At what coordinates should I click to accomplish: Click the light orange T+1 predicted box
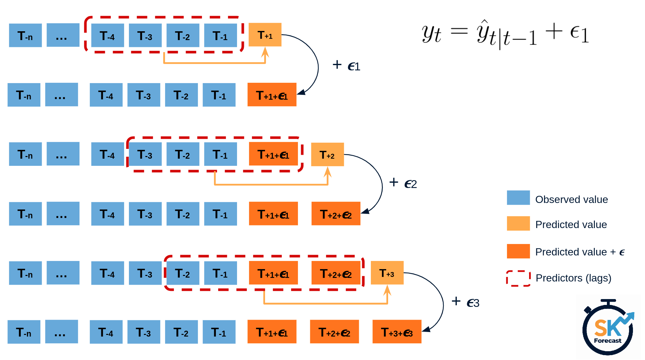pyautogui.click(x=265, y=35)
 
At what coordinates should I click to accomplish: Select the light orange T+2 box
pyautogui.click(x=327, y=154)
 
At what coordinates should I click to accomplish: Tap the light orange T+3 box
pyautogui.click(x=387, y=273)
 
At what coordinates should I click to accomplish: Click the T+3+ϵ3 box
pyautogui.click(x=397, y=332)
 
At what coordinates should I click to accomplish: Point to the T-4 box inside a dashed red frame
pyautogui.click(x=107, y=36)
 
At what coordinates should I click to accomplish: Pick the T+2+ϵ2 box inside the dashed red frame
pyautogui.click(x=336, y=273)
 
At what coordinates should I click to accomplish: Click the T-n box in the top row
pyautogui.click(x=25, y=36)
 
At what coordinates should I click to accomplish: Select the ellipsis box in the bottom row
pyautogui.click(x=61, y=332)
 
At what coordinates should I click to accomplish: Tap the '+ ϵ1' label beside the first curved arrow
pyautogui.click(x=346, y=65)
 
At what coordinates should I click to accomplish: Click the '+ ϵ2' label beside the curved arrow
pyautogui.click(x=403, y=183)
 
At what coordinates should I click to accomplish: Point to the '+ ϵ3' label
pyautogui.click(x=465, y=302)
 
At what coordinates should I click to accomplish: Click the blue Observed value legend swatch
pyautogui.click(x=518, y=198)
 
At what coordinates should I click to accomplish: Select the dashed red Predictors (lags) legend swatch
pyautogui.click(x=518, y=278)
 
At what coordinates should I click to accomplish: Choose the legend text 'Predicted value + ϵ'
pyautogui.click(x=580, y=252)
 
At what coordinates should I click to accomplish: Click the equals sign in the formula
pyautogui.click(x=459, y=32)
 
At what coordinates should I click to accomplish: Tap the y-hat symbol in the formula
pyautogui.click(x=483, y=33)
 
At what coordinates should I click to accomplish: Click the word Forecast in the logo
pyautogui.click(x=608, y=341)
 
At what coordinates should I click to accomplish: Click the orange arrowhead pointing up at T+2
pyautogui.click(x=328, y=171)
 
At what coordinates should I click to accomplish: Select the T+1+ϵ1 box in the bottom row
pyautogui.click(x=272, y=332)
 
